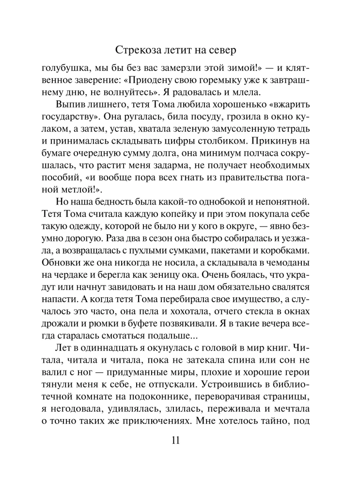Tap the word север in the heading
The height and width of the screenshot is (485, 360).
coord(235,50)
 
